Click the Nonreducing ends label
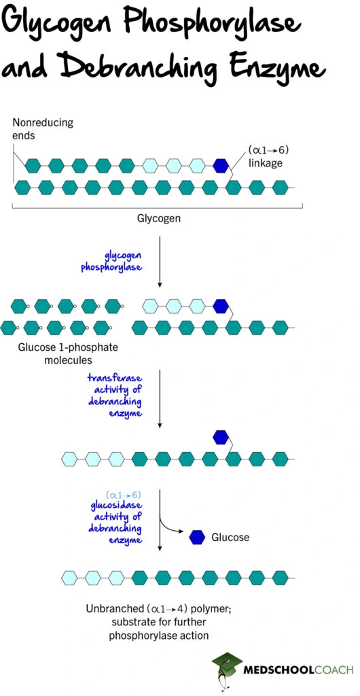42,129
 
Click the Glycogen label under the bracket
158,219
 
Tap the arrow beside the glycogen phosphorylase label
159,261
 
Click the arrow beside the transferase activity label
159,398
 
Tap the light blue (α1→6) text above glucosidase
124,494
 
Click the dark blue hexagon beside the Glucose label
197,537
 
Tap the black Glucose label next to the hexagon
230,538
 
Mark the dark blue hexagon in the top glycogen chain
220,164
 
